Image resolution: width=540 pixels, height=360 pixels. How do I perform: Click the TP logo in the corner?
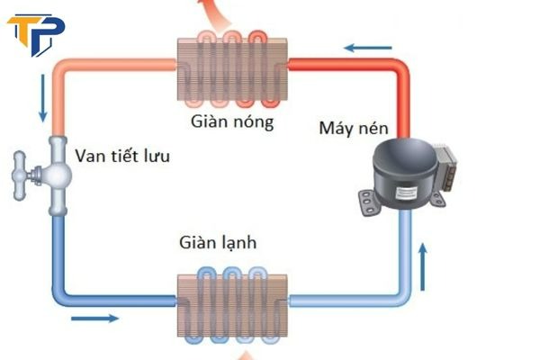(x=33, y=33)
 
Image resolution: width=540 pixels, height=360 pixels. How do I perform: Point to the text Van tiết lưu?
(x=122, y=157)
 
